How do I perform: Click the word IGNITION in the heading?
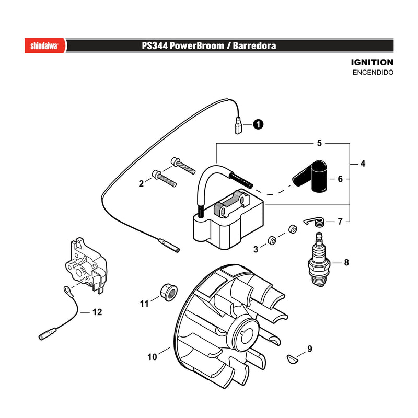click(372, 62)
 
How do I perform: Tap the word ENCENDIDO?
click(373, 72)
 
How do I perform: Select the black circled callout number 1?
click(258, 124)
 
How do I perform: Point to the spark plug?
click(319, 259)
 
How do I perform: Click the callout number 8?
click(346, 263)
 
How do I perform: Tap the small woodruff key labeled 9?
click(293, 358)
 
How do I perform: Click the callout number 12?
click(97, 312)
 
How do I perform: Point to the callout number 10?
click(152, 357)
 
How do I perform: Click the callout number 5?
click(319, 143)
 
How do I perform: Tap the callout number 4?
click(363, 164)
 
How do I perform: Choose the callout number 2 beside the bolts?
click(141, 183)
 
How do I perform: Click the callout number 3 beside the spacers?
click(256, 249)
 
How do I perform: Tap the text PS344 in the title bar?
click(155, 45)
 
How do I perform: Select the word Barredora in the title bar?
click(254, 45)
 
